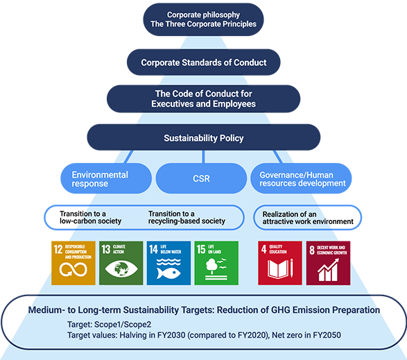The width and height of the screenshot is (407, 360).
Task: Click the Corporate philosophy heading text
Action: click(x=203, y=15)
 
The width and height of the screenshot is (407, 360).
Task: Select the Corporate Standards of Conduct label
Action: click(x=203, y=62)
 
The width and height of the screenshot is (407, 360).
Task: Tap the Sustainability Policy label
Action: click(x=203, y=138)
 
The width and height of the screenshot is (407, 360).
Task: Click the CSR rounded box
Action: click(x=200, y=179)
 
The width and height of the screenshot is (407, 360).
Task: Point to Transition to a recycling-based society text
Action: click(x=187, y=217)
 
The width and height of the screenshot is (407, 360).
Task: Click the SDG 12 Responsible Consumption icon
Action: click(x=73, y=263)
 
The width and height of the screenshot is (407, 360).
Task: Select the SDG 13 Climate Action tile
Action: click(x=121, y=263)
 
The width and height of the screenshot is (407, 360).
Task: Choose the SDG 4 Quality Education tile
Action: click(x=279, y=263)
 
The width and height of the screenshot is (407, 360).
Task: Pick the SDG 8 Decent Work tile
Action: click(x=327, y=263)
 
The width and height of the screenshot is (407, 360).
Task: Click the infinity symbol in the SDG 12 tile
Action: click(x=72, y=271)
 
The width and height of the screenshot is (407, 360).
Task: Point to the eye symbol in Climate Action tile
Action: click(x=121, y=270)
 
